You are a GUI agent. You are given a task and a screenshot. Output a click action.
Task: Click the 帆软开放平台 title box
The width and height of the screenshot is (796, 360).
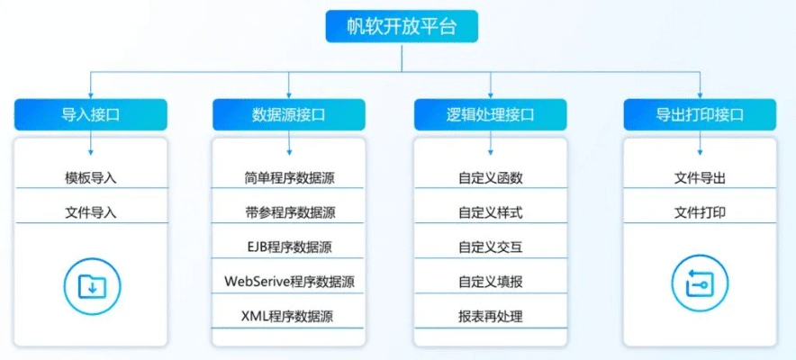point(402,26)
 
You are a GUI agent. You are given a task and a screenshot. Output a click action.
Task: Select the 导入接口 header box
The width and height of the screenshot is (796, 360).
point(91,115)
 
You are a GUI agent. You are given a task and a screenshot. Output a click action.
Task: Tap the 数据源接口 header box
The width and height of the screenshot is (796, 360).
point(289,115)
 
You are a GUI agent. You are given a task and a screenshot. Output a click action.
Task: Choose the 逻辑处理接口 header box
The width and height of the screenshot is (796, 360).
point(491,115)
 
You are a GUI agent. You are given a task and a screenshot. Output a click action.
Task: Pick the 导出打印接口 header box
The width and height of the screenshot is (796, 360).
point(700,115)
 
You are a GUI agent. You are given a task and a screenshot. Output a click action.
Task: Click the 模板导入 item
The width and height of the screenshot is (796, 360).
point(91,177)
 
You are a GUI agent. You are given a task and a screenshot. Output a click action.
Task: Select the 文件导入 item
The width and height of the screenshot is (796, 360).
point(91,212)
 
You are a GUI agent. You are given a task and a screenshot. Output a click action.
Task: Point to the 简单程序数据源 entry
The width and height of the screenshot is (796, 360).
point(289,177)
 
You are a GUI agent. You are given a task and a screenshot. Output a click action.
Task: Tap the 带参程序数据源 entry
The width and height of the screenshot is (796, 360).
point(289,212)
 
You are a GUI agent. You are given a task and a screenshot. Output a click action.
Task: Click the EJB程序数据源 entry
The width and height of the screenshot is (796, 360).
point(289,247)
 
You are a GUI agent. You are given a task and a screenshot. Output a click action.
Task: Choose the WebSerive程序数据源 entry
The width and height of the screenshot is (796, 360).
point(289,282)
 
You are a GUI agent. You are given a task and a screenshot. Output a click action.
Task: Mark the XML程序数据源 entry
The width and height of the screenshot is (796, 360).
point(289,316)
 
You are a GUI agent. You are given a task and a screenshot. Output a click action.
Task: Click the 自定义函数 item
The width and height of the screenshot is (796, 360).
point(491,177)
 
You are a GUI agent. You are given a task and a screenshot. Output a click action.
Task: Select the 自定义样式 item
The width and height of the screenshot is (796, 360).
point(491,212)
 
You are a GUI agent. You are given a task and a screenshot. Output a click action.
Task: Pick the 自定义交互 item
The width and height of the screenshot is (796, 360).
point(491,247)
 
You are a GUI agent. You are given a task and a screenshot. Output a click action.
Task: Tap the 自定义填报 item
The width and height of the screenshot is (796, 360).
point(491,282)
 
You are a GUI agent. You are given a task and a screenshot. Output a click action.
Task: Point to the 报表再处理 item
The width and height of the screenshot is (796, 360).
point(491,316)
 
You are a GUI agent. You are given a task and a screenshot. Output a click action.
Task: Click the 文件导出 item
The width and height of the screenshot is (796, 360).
point(700,177)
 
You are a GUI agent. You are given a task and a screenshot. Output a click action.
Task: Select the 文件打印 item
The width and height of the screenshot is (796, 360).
point(700,212)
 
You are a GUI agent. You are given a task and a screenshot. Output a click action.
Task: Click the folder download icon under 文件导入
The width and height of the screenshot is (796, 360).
point(92,285)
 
